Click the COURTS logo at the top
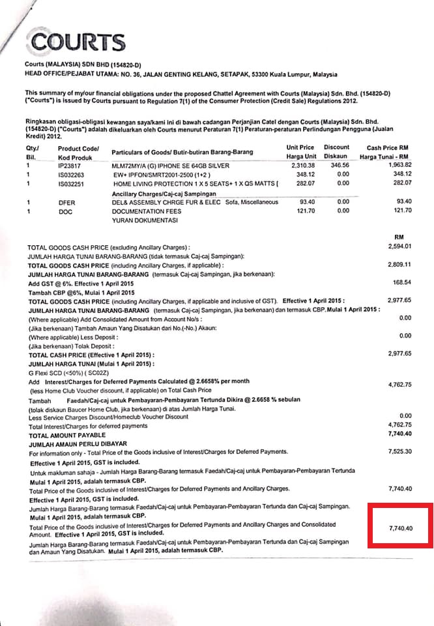point(78,42)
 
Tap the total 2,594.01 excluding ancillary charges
point(399,247)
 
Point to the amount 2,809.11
point(399,265)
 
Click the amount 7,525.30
point(400,451)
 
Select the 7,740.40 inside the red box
point(400,528)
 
